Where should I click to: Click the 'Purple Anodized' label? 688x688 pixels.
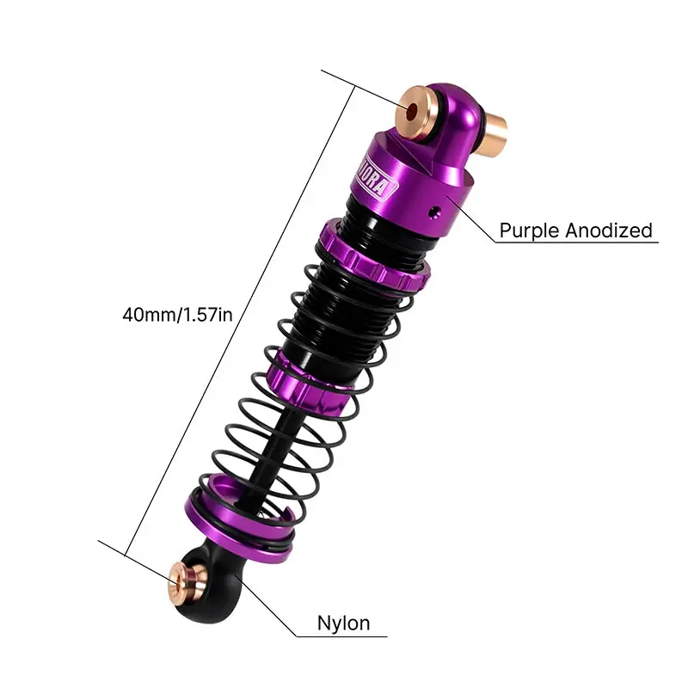pos(575,230)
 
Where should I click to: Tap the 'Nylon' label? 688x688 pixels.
pos(343,623)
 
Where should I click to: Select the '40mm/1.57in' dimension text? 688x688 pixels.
pos(177,315)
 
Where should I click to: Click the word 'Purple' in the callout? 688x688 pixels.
pos(529,230)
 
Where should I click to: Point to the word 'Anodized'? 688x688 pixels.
pos(609,230)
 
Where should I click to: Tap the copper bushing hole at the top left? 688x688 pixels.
pos(419,109)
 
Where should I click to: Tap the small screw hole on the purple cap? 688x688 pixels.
pos(438,209)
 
